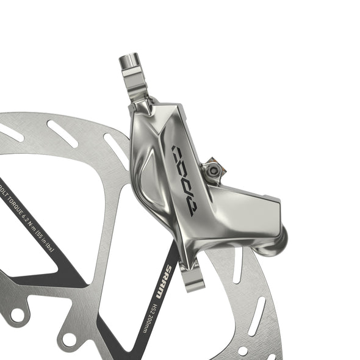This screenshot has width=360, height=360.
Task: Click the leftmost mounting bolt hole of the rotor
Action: click(x=16, y=315)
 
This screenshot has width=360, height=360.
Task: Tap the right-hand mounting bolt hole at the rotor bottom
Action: click(x=69, y=339)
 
